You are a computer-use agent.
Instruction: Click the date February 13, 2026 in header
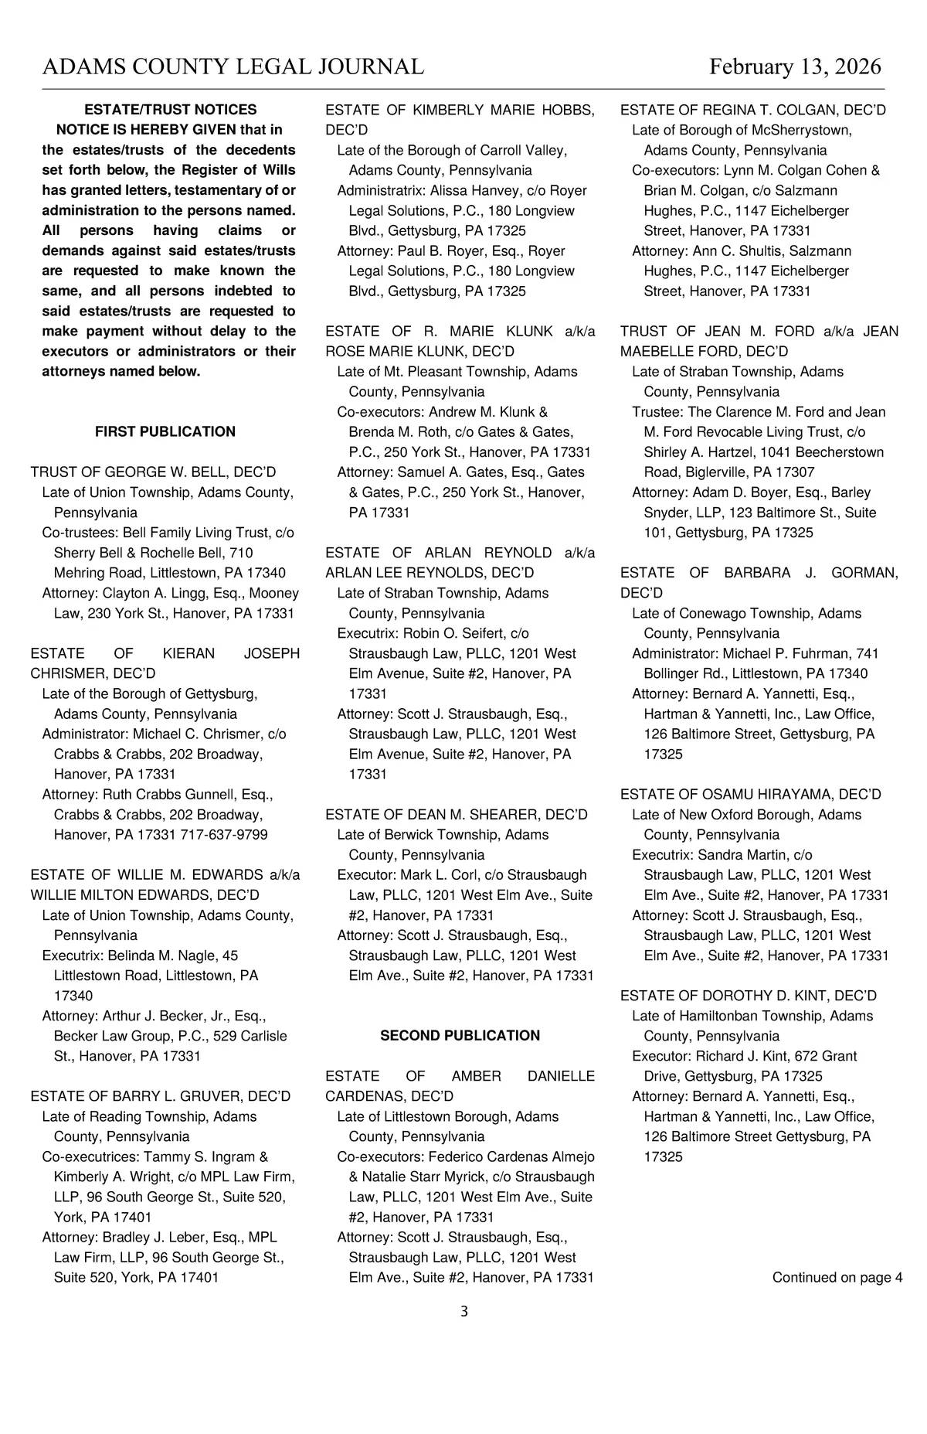point(795,67)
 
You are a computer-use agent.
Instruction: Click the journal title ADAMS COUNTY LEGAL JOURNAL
point(233,67)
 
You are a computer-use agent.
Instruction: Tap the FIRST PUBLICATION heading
point(165,431)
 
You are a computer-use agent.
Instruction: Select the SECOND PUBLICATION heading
point(460,1035)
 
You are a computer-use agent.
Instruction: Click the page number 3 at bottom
point(463,1311)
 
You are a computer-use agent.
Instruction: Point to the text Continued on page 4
point(837,1277)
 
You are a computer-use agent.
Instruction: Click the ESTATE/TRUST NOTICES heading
point(170,110)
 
